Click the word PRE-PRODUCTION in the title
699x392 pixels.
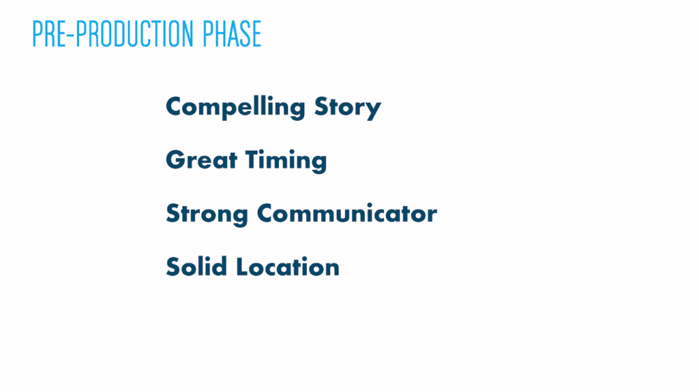pos(113,34)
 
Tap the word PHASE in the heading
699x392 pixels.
pos(232,34)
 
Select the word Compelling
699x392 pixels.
pos(236,108)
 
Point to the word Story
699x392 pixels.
pos(347,108)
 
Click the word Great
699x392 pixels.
pos(201,160)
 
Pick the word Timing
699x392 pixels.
pos(286,161)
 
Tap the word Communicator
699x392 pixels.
pos(347,213)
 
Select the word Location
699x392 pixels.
pos(287,266)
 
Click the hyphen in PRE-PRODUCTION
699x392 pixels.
pos(71,35)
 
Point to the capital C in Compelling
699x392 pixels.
pos(175,106)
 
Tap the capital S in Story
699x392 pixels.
pos(322,106)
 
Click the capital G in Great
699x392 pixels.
pos(176,160)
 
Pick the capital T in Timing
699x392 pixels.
pos(253,160)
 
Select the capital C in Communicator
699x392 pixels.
pos(266,213)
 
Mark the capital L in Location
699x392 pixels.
pos(241,266)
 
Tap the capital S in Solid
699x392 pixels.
pos(173,266)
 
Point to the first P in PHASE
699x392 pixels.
pos(208,34)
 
